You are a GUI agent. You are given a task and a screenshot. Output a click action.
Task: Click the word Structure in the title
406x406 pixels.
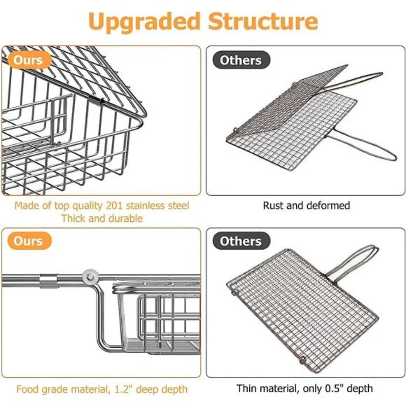[x=263, y=21]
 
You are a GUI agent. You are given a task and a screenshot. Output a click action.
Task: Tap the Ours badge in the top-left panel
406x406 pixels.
[x=28, y=60]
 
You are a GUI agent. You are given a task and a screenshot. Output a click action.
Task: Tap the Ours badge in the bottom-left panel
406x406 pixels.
[x=28, y=241]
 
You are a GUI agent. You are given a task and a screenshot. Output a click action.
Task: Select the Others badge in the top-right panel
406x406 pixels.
[x=241, y=60]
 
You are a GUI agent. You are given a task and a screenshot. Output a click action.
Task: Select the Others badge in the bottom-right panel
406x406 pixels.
[x=241, y=241]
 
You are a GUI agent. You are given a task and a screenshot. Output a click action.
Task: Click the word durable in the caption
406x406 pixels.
[x=125, y=218]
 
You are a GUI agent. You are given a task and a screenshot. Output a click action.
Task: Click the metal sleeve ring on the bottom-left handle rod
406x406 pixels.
[x=48, y=281]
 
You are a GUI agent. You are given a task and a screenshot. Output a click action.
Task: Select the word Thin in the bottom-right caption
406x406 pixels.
[x=246, y=389]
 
